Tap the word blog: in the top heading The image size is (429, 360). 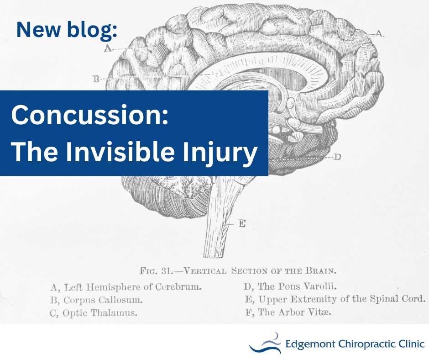click(x=94, y=30)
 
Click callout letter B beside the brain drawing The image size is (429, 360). click(x=96, y=79)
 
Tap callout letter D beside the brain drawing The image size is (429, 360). click(x=337, y=157)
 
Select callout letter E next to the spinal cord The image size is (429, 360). click(x=242, y=224)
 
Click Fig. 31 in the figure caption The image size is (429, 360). click(x=156, y=270)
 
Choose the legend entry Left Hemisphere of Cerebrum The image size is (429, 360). click(x=126, y=288)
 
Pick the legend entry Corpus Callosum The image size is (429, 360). click(x=96, y=301)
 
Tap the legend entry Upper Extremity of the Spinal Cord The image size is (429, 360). click(x=335, y=300)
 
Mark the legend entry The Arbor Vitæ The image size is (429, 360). click(x=288, y=313)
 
